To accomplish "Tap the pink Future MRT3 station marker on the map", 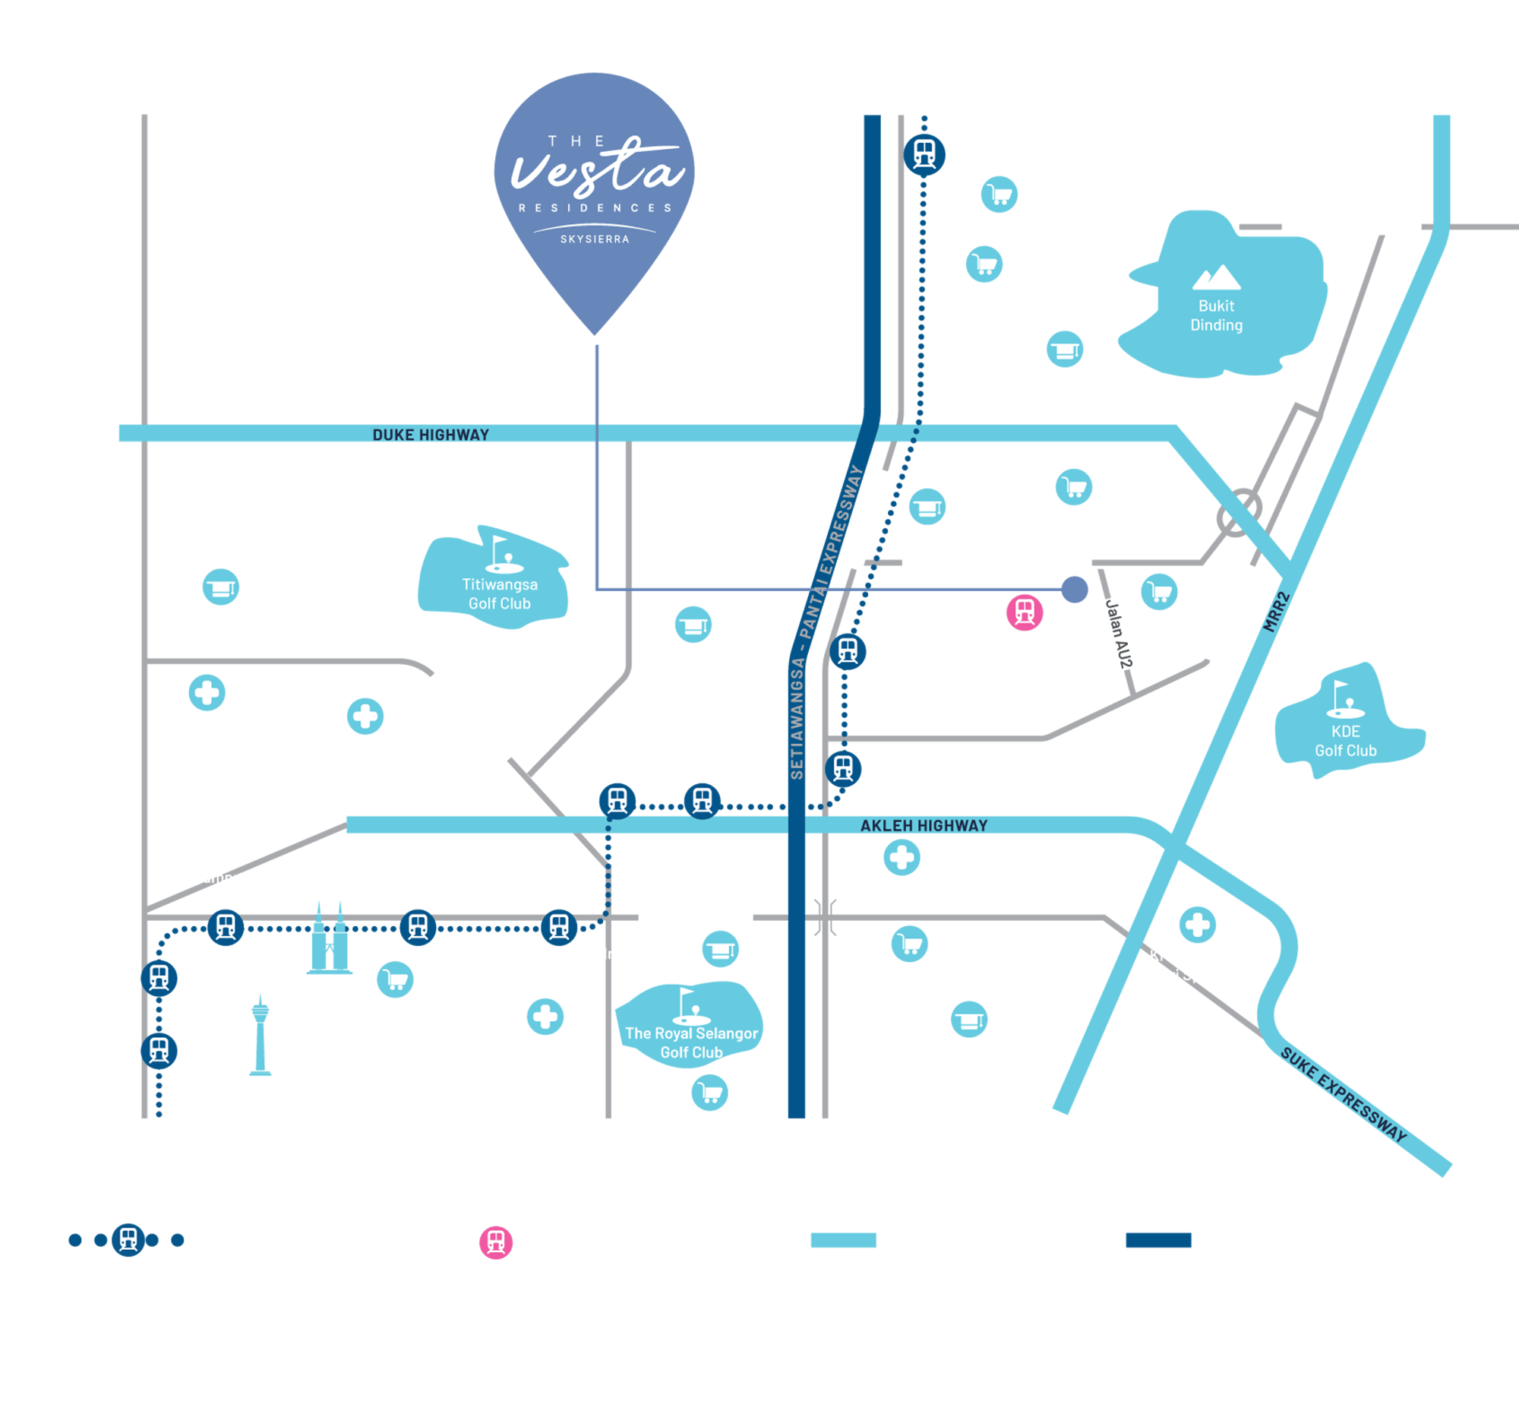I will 1024,612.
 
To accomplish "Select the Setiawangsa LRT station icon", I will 848,651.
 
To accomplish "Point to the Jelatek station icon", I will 843,767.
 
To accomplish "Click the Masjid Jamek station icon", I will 159,1050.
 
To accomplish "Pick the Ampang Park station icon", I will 558,927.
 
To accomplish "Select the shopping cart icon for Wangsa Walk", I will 1000,195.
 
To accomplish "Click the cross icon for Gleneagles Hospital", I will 902,857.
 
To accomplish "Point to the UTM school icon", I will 693,625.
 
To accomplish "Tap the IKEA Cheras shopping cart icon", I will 709,1092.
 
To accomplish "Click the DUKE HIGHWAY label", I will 430,434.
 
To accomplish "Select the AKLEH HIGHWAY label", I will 924,825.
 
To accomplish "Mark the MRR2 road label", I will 1275,612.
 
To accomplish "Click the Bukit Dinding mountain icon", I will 1217,277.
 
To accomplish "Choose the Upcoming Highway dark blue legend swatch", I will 1158,1240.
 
